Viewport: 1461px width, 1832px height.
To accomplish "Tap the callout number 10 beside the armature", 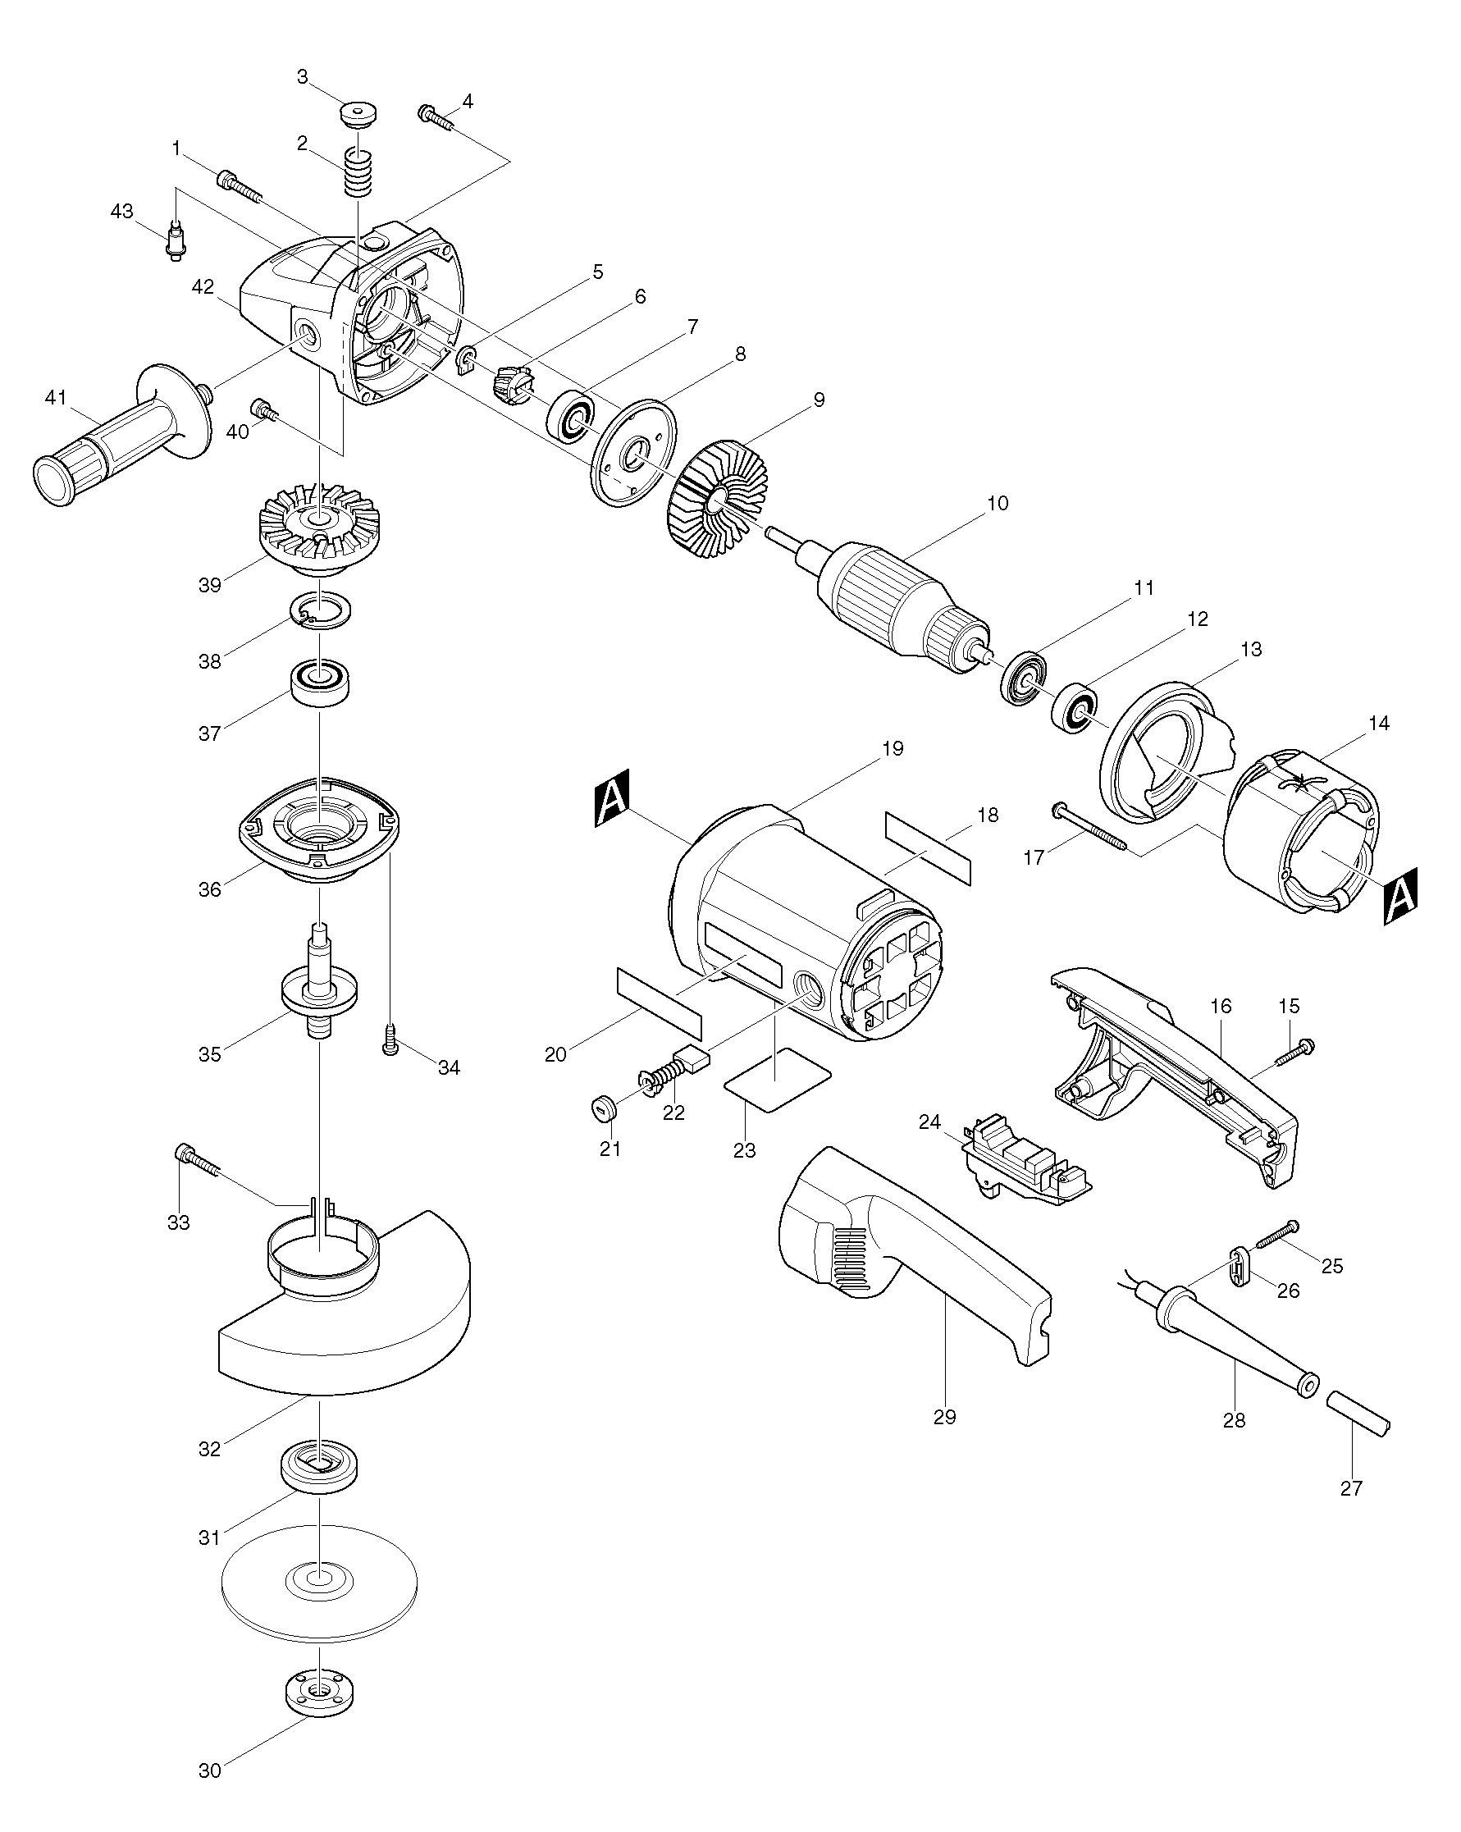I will click(998, 503).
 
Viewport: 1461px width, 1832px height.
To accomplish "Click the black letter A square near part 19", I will click(610, 799).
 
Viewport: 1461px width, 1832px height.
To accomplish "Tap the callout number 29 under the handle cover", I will click(944, 1417).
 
